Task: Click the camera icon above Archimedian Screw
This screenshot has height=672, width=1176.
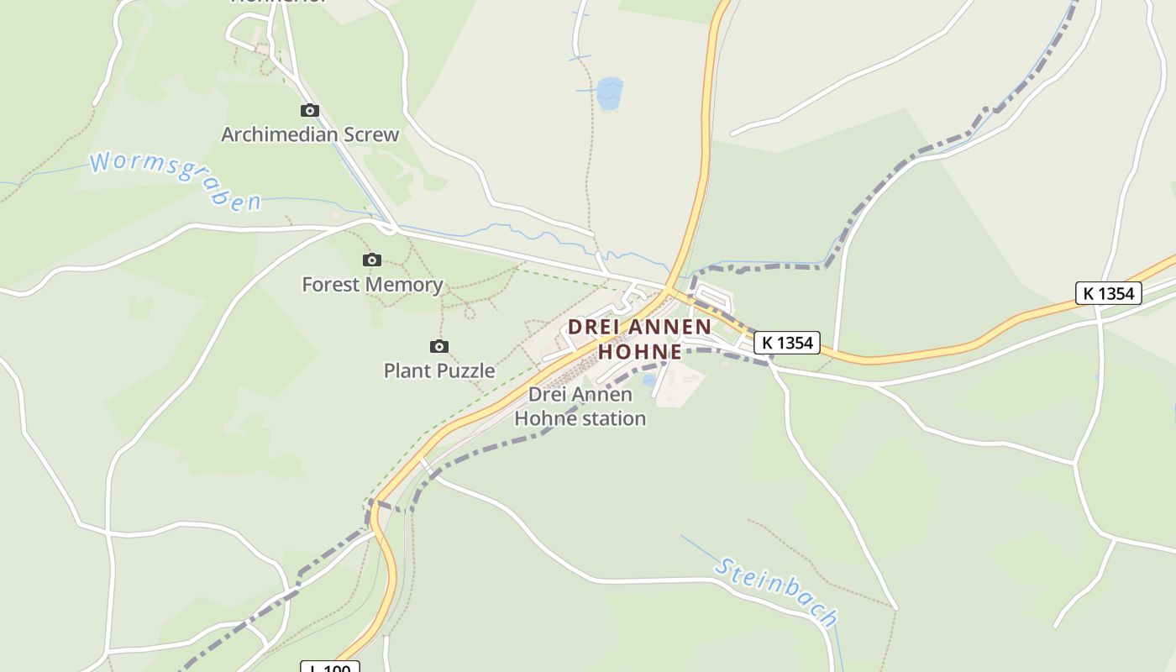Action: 310,110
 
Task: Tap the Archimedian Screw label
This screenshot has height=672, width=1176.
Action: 310,134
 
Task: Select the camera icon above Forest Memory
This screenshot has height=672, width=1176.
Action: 371,260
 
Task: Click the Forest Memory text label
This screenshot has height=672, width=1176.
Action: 372,285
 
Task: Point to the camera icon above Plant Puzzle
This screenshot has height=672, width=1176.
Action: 438,346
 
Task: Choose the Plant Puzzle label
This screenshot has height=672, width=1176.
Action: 439,370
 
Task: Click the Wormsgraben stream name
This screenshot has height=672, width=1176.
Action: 176,180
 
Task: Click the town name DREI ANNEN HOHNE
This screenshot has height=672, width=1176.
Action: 640,339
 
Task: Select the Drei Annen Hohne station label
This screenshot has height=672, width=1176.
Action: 580,406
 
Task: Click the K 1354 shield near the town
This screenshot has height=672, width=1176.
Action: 786,343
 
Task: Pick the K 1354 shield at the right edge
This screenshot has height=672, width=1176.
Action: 1109,293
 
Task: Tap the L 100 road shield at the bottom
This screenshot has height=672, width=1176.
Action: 330,668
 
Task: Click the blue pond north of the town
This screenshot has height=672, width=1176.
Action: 611,92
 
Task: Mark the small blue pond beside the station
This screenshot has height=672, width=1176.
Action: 648,381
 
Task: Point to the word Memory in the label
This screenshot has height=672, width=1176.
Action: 409,285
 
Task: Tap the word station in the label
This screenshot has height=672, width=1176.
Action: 610,417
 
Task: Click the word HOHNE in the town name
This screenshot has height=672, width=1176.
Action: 640,351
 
